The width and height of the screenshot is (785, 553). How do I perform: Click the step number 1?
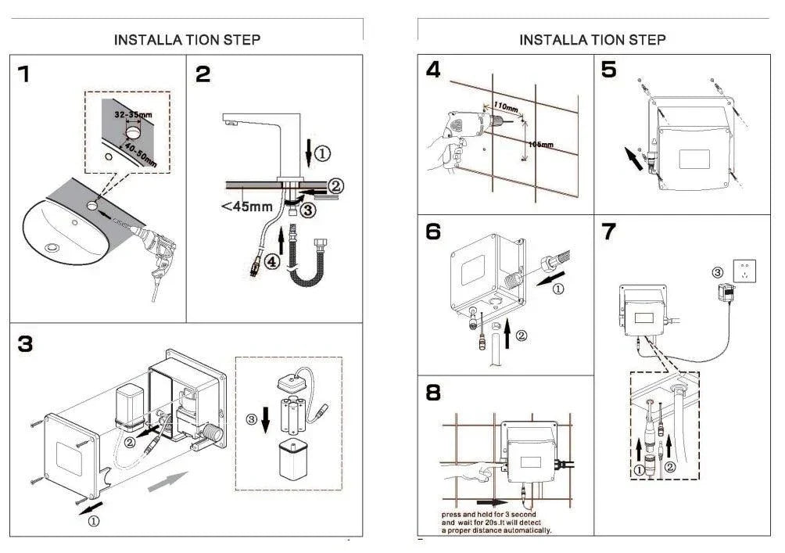(x=25, y=74)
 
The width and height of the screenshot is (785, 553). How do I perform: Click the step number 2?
(x=203, y=74)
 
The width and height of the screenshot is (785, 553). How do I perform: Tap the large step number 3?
(x=26, y=343)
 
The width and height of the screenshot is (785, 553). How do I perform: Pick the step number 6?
(x=433, y=232)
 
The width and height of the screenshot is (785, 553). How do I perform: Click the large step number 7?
(x=609, y=232)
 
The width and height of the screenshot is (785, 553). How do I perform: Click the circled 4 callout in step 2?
(x=270, y=263)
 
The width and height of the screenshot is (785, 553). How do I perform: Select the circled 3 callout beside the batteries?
(x=252, y=419)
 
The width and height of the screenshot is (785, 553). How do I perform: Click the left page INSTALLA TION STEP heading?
(x=187, y=39)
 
